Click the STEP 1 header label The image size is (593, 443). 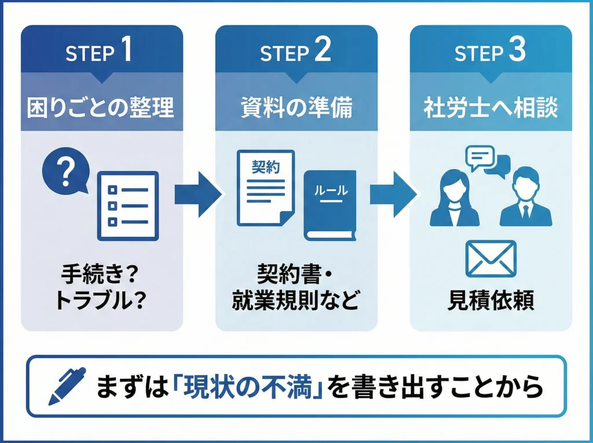point(99,53)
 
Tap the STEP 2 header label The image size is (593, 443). point(295,53)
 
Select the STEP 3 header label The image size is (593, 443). point(490,53)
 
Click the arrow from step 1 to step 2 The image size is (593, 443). point(198,194)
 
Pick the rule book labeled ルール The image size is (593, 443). point(330,206)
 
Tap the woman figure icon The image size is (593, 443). point(455,197)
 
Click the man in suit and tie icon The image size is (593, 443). point(526,197)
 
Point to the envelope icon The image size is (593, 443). point(490,259)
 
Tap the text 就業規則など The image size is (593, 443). point(295,301)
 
